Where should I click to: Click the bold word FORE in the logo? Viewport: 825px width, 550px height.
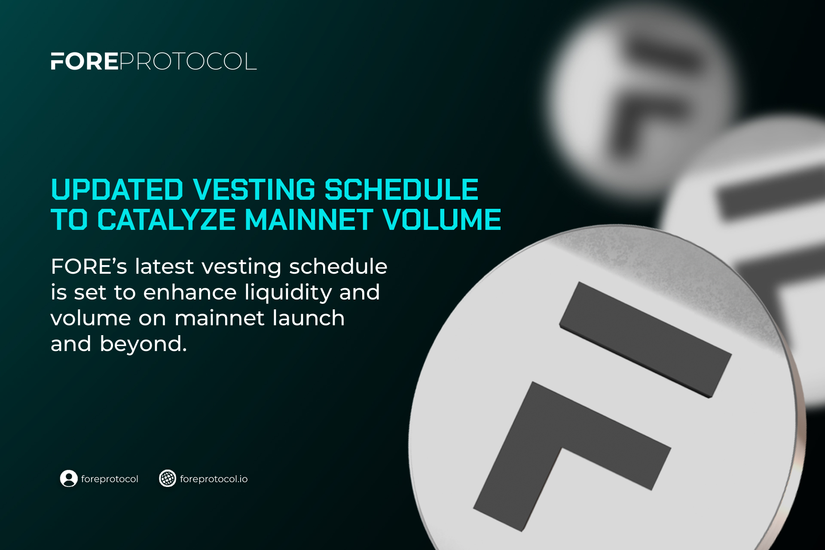[x=84, y=61]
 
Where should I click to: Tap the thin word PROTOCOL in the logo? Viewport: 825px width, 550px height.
[x=188, y=61]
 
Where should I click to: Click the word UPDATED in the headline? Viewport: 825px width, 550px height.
[x=117, y=189]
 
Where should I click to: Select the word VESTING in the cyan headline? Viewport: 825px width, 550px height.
[x=254, y=189]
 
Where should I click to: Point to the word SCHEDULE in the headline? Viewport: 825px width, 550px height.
[x=401, y=189]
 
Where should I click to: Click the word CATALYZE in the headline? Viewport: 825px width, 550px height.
[x=166, y=220]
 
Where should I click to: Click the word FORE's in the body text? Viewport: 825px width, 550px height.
[x=89, y=266]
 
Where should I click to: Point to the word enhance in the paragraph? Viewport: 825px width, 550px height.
[x=190, y=293]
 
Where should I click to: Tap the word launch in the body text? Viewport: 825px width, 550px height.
[x=309, y=318]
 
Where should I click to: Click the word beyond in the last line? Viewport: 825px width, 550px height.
[x=143, y=344]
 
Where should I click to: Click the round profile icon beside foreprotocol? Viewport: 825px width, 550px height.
[x=69, y=478]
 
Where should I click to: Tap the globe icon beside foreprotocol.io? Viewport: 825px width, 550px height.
[x=168, y=478]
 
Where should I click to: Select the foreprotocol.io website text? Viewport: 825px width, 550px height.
[x=214, y=479]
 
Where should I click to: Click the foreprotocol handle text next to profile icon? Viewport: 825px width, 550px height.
[x=110, y=479]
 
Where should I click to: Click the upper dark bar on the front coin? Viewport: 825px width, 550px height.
[x=645, y=339]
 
